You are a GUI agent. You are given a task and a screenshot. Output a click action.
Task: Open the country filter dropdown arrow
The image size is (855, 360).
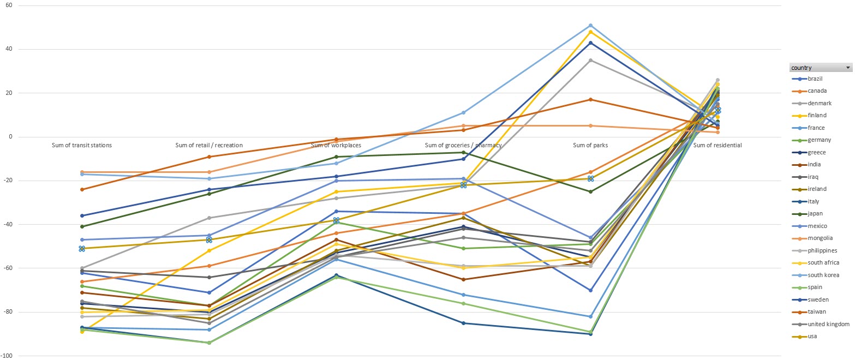coord(847,68)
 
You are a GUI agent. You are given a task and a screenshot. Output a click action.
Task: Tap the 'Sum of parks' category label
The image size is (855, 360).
coord(590,145)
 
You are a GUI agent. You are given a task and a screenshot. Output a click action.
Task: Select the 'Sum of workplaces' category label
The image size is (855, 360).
coord(336,145)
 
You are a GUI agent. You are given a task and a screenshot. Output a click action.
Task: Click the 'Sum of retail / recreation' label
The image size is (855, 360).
coord(209,145)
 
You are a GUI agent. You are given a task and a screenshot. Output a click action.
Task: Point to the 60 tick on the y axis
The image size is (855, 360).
coord(8,5)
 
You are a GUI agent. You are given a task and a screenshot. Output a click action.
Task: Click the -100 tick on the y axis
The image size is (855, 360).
coord(7,356)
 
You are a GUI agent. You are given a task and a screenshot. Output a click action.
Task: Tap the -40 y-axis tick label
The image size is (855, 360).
coord(8,224)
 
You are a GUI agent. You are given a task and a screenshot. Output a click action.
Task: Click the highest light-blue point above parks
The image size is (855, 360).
coord(590,25)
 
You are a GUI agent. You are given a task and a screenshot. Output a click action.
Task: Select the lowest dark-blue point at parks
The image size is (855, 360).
coord(590,334)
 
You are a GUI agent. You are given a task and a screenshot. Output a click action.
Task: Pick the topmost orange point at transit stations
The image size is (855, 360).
coord(82,172)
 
